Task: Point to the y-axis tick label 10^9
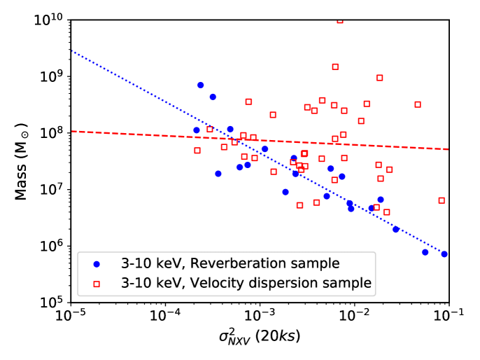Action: (50, 75)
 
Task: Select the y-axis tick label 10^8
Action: (50, 132)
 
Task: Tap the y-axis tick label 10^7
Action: (50, 188)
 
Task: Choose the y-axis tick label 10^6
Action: (50, 245)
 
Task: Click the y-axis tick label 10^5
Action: (50, 302)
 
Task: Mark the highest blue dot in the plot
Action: (200, 85)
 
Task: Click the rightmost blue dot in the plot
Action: (444, 254)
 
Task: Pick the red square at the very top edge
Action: (340, 20)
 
